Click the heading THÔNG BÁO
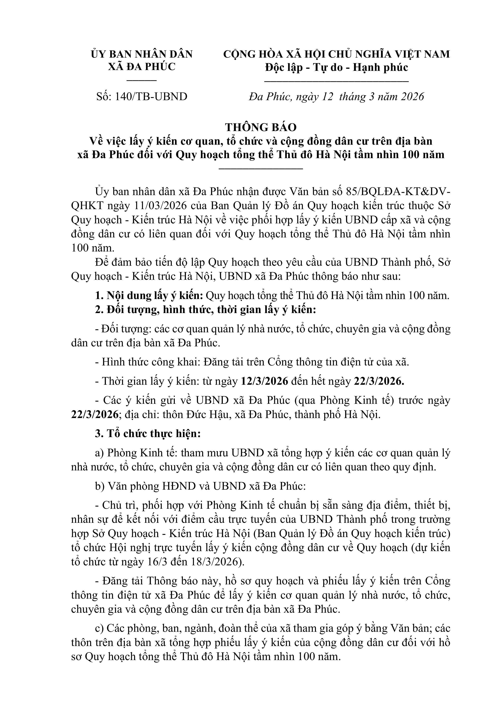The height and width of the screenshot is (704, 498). [261, 127]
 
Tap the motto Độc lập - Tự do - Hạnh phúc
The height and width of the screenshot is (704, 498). [336, 67]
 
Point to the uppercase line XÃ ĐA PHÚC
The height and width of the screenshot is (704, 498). [142, 67]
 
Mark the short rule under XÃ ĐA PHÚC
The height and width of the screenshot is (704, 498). [142, 80]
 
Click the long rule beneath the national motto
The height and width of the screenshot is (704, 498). [336, 81]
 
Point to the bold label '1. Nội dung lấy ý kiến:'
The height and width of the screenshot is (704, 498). [149, 296]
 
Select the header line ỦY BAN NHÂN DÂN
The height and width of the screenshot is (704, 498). [142, 54]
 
